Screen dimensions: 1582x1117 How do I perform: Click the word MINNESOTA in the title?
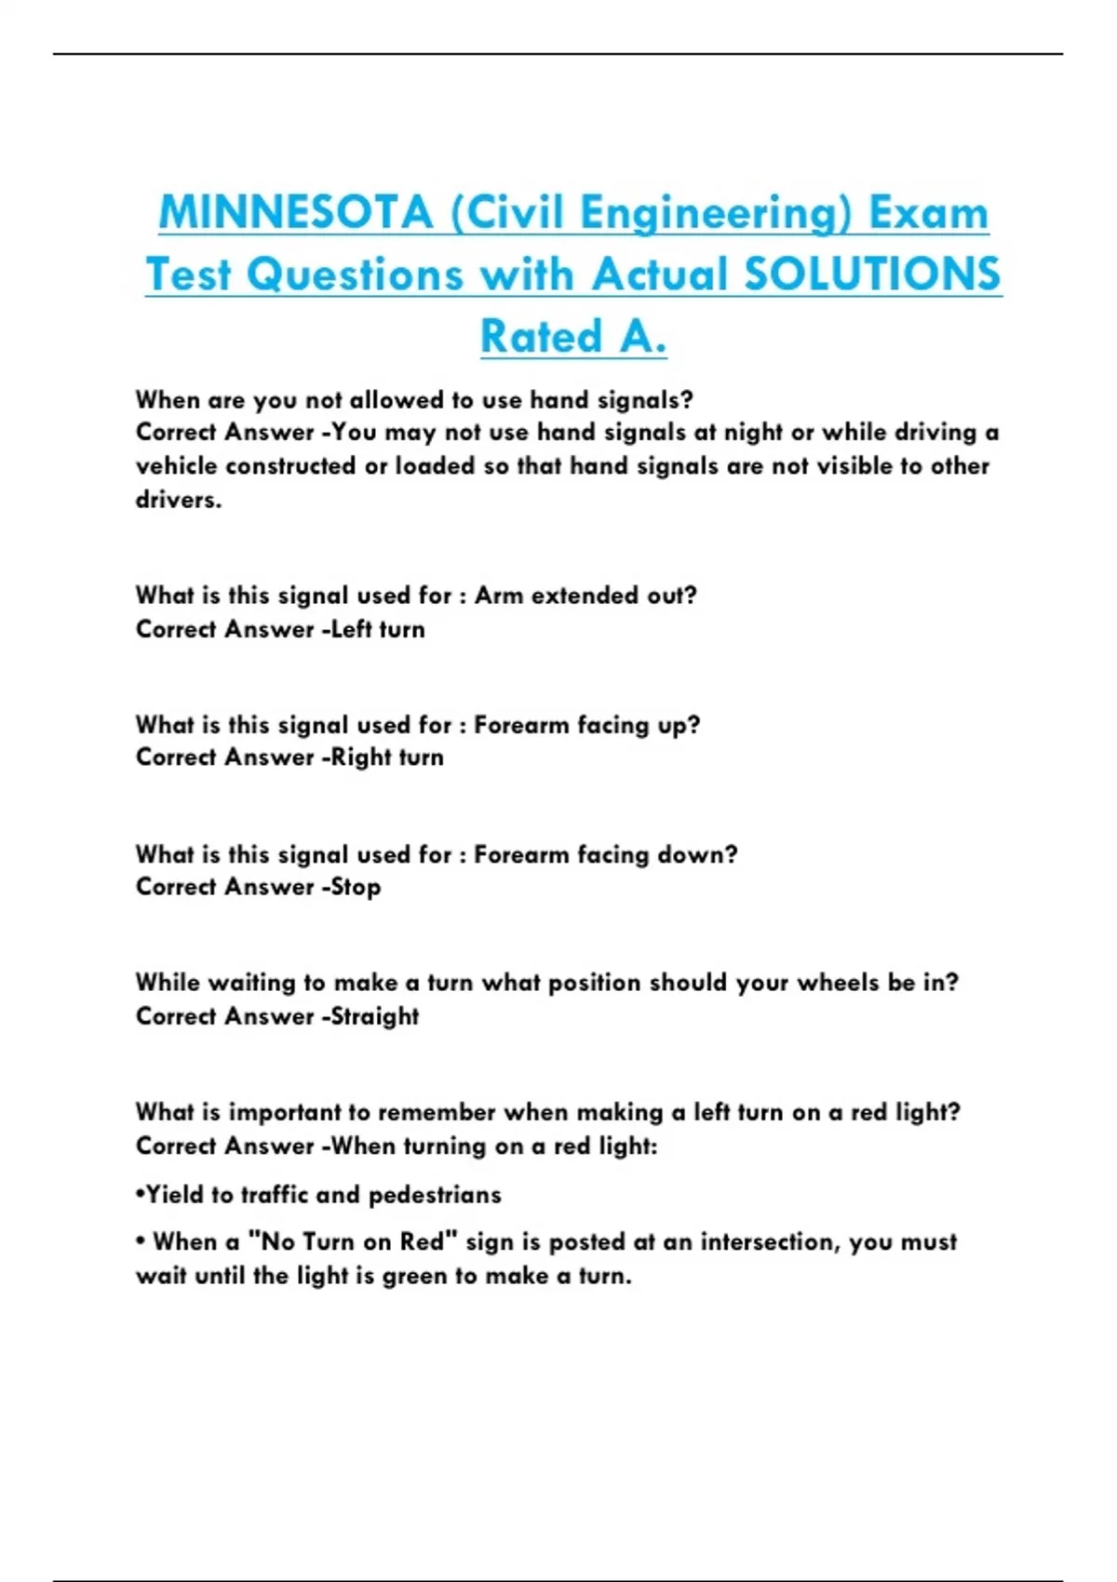[x=295, y=212]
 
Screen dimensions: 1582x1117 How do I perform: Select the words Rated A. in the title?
[x=573, y=336]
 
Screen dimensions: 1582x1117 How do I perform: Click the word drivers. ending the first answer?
[x=179, y=500]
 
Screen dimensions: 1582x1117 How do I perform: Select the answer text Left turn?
[x=378, y=629]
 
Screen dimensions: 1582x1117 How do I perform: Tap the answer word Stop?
[x=357, y=887]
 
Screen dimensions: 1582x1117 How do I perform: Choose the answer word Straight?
[x=375, y=1016]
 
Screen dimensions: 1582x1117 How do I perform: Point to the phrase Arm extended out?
[x=585, y=596]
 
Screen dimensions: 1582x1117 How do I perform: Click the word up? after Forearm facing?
[x=679, y=725]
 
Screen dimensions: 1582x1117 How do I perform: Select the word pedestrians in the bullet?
[x=435, y=1195]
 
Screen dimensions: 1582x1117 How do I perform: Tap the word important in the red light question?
[x=285, y=1112]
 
